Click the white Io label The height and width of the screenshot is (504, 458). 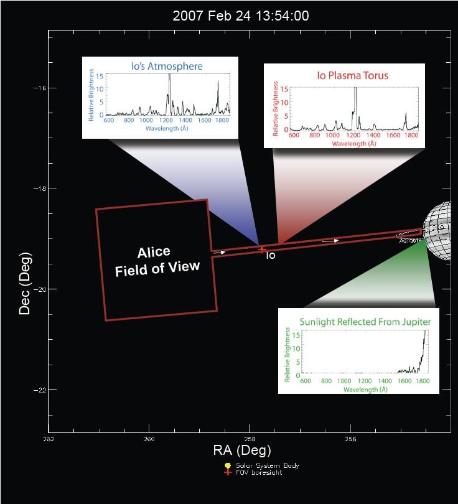point(271,255)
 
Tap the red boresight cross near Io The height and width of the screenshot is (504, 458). point(262,250)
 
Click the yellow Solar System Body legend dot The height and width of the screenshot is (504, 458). point(228,465)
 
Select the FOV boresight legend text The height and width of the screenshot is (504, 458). point(258,472)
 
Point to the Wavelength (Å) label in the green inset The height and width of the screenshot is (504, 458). point(366,390)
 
